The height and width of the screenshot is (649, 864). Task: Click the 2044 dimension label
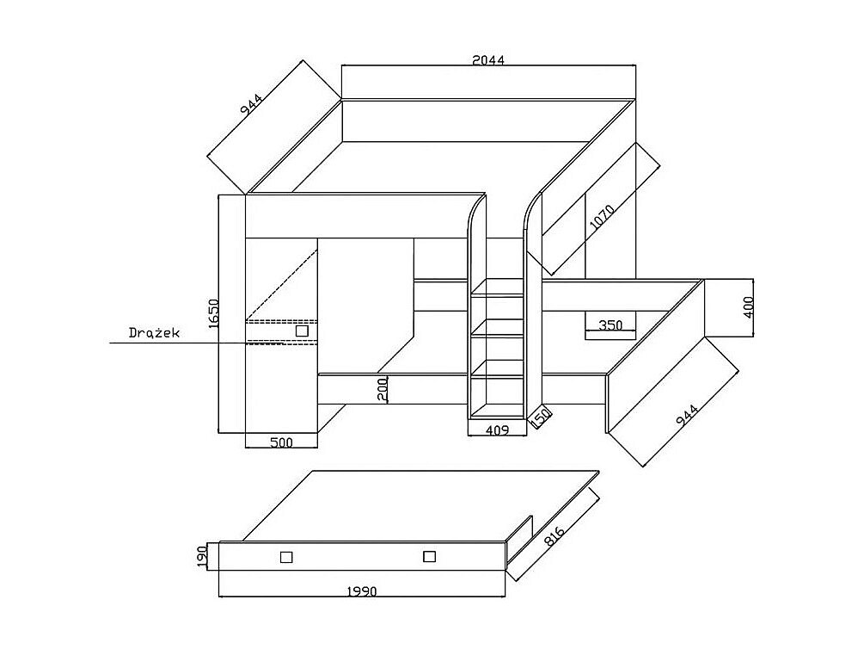click(x=488, y=60)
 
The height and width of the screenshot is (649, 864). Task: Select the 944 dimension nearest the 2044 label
click(x=251, y=104)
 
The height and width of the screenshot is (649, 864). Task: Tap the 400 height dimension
click(x=749, y=307)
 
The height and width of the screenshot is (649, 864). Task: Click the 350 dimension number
click(x=610, y=325)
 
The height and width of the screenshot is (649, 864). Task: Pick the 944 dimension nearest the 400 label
click(x=686, y=415)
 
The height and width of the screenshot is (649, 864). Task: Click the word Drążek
click(x=154, y=332)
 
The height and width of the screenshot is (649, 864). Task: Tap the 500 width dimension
click(x=281, y=443)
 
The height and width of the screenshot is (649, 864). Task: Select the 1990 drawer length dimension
click(x=362, y=591)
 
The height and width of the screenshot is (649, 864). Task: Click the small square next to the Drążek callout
click(x=302, y=331)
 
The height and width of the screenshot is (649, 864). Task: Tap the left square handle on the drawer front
click(x=286, y=557)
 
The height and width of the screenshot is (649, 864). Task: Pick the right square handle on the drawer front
click(x=429, y=557)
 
